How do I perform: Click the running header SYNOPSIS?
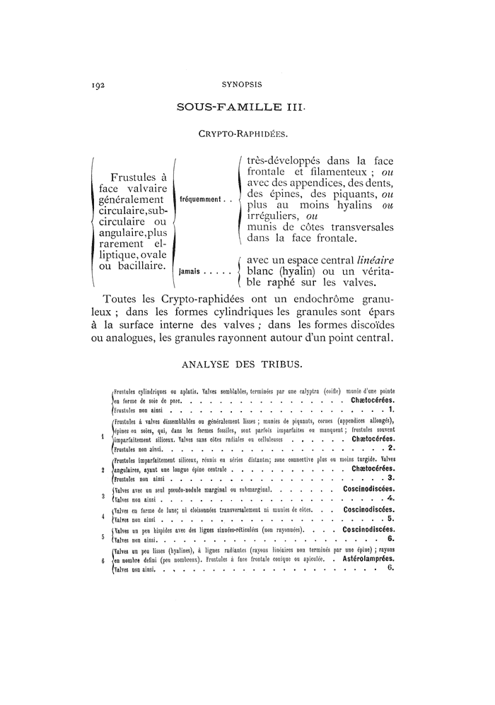[242, 85]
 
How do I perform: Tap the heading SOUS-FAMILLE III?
[242, 108]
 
